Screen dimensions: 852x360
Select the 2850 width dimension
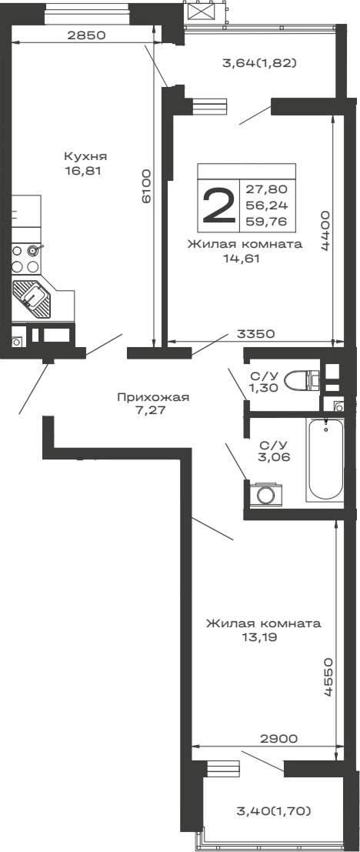point(85,35)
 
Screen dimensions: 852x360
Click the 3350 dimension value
point(257,335)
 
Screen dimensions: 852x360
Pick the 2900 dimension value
point(278,738)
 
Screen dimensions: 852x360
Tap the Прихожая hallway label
point(153,397)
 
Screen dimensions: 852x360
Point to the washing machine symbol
point(266,493)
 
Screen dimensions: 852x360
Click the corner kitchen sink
point(32,299)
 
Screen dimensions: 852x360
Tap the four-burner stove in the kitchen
point(25,259)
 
